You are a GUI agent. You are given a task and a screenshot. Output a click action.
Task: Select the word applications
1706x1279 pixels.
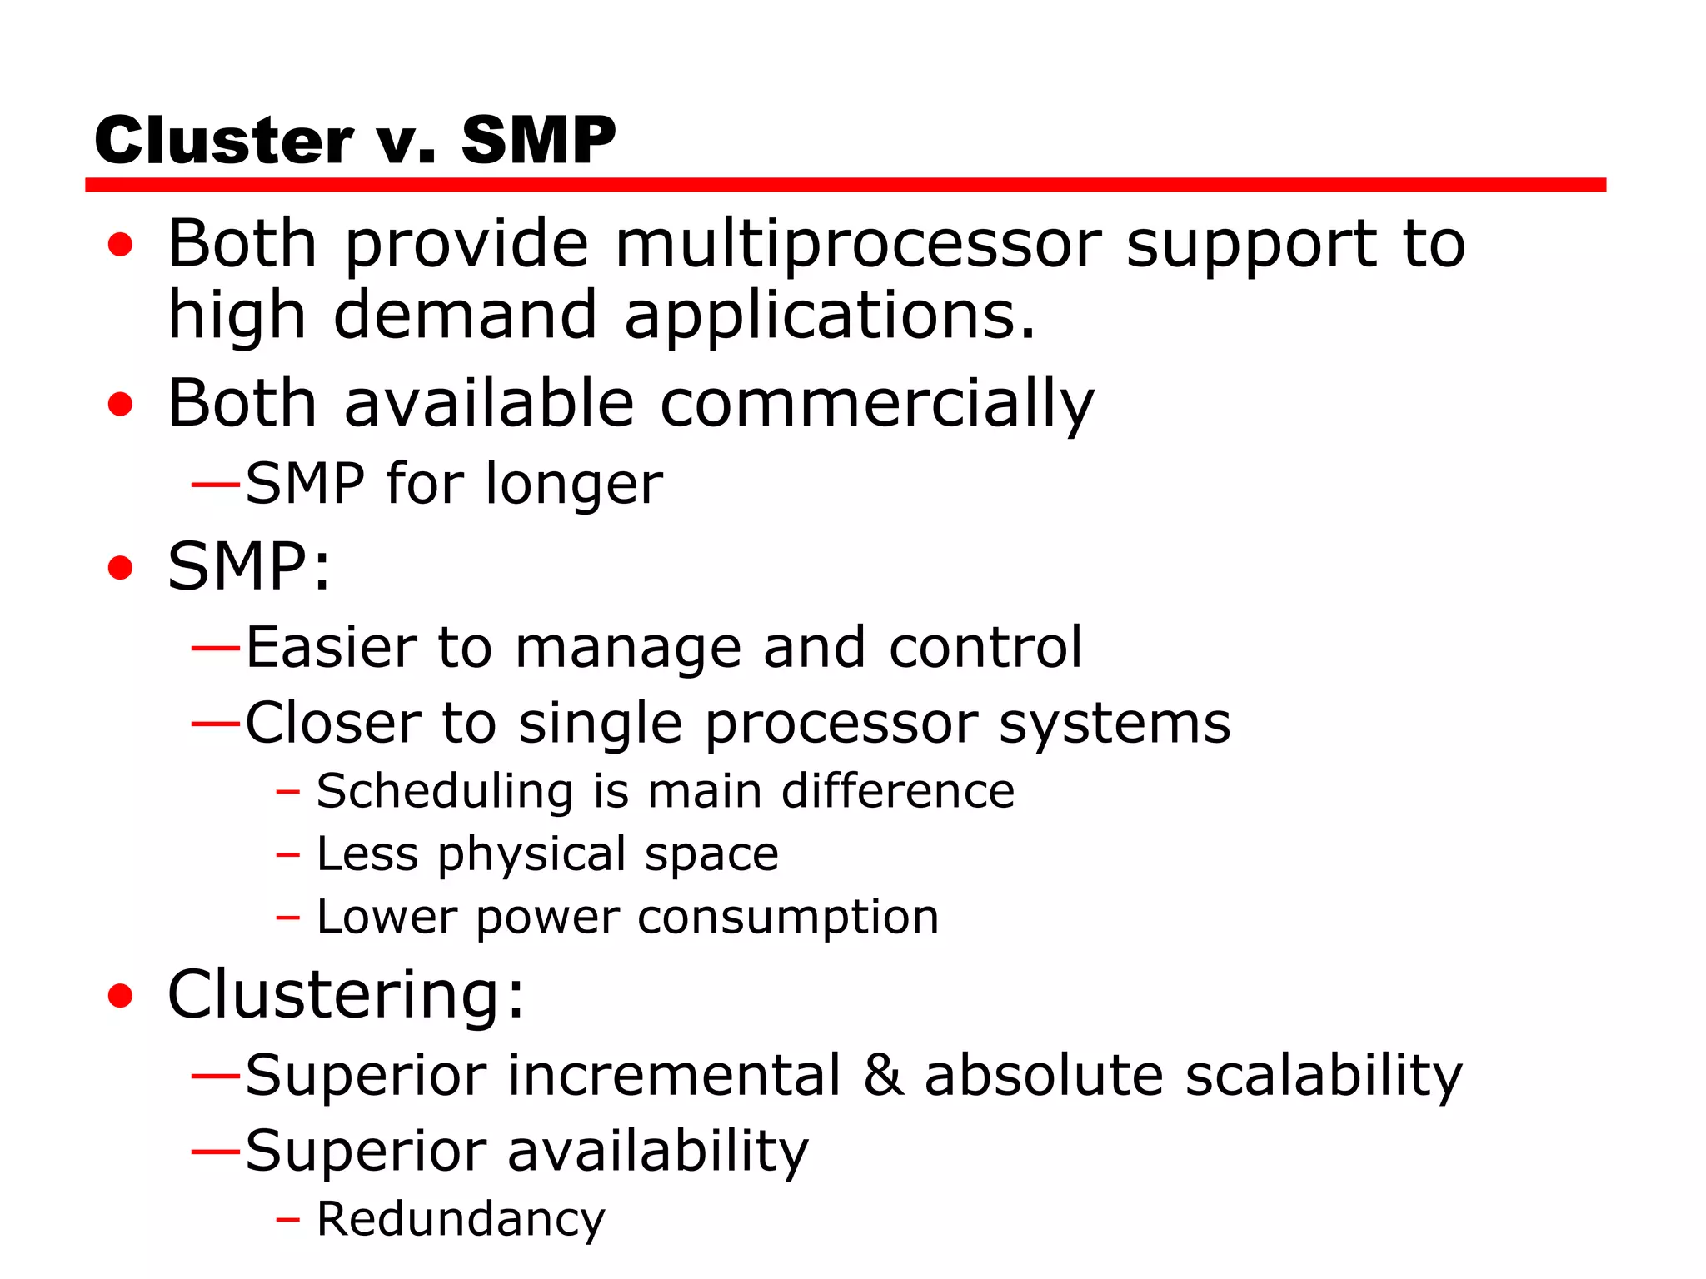tap(830, 316)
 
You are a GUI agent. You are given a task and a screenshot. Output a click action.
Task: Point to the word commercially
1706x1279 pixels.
tap(876, 405)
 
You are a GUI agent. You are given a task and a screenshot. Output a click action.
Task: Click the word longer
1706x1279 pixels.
tap(574, 485)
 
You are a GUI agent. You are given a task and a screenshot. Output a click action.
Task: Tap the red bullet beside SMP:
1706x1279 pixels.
tap(121, 568)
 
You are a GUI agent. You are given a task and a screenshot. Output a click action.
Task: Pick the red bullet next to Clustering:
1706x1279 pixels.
tap(121, 995)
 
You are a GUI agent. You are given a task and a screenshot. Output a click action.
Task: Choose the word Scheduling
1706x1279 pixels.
tap(445, 790)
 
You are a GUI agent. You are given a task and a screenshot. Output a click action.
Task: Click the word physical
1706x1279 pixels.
tap(533, 855)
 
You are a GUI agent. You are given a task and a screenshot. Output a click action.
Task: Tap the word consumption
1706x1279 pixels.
tap(788, 918)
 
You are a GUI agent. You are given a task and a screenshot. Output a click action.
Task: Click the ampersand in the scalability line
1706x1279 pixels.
tap(883, 1075)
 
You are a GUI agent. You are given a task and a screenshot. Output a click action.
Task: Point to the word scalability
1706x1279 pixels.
tap(1323, 1075)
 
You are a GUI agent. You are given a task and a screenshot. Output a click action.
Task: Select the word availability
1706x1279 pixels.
tap(657, 1152)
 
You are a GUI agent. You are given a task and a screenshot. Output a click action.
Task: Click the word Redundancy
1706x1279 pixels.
tap(461, 1220)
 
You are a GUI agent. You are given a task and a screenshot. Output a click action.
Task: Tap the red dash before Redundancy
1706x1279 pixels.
tap(287, 1221)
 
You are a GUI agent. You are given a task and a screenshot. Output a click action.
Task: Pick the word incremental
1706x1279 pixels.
tap(673, 1075)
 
